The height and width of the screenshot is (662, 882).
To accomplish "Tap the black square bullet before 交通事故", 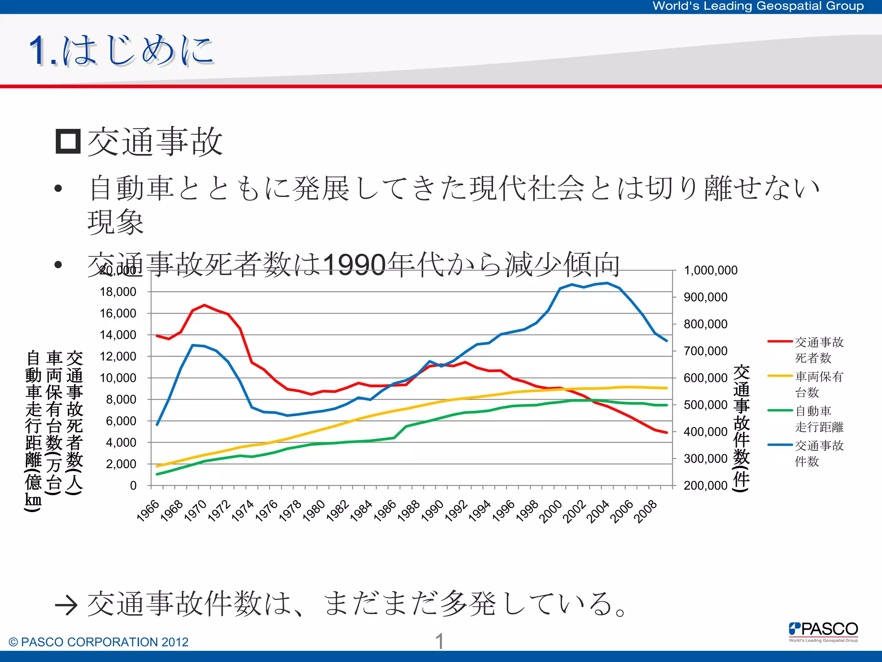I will (68, 141).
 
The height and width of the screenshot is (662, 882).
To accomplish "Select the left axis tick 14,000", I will (118, 335).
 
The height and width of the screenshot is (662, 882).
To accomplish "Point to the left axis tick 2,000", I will (121, 464).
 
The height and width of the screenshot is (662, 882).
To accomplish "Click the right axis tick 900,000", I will (705, 297).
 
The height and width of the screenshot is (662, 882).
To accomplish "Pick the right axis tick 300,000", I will (705, 459).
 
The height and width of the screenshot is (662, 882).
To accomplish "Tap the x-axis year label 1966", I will (148, 511).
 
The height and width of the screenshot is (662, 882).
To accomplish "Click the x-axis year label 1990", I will (432, 511).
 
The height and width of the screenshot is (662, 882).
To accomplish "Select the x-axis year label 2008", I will (646, 511).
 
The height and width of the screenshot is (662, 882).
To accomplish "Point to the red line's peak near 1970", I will (205, 305).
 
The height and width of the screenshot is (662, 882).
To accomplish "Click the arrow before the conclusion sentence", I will (66, 605).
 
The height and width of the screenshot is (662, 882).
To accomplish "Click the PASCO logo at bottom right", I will (823, 631).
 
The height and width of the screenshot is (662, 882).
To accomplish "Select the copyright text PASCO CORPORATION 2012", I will (99, 642).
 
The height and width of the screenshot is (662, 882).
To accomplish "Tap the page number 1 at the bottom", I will (439, 641).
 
